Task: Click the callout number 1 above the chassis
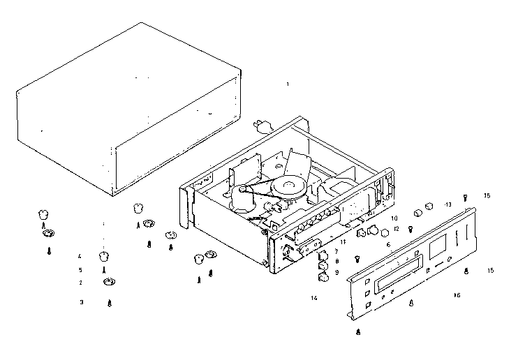point(287,84)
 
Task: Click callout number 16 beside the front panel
point(457,295)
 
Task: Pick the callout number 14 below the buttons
point(314,298)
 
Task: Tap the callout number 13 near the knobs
point(448,204)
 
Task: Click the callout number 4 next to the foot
point(80,257)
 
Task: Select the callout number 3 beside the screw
point(81,302)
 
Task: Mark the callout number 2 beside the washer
point(80,283)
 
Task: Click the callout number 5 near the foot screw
point(80,269)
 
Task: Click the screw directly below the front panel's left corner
point(358,333)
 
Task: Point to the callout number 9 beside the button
point(337,272)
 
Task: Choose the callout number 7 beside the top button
point(336,250)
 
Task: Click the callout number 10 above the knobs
point(394,218)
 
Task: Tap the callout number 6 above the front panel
point(388,244)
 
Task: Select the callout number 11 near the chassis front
point(343,242)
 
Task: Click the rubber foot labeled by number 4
point(104,255)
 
